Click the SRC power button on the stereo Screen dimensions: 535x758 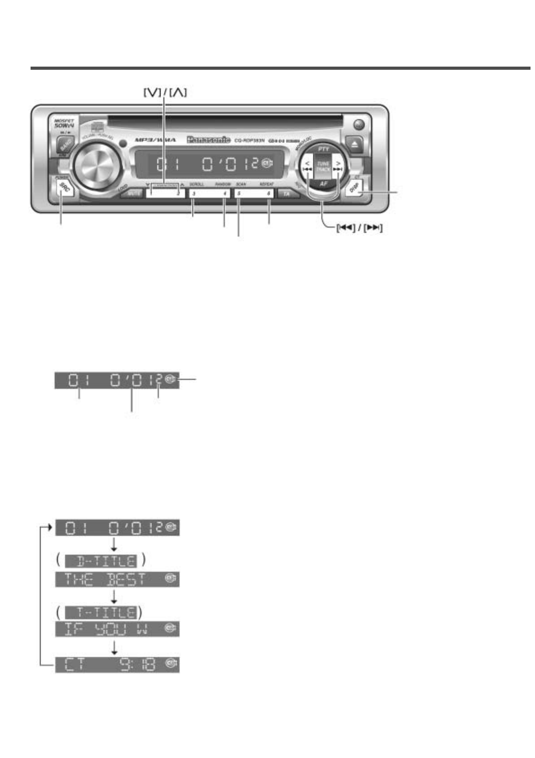[64, 188]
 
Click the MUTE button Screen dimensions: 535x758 [134, 194]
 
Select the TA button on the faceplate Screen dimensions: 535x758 [286, 194]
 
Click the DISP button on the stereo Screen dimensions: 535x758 [355, 188]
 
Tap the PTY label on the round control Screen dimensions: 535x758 [323, 149]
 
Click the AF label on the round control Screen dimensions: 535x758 [323, 184]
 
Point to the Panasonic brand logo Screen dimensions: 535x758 [209, 140]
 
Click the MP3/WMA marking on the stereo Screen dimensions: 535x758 [156, 140]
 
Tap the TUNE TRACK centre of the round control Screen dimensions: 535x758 [323, 167]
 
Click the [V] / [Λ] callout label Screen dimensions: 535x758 [165, 93]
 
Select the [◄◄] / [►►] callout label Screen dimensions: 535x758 [359, 228]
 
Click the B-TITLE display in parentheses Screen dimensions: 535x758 [101, 561]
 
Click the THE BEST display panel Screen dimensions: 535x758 [117, 579]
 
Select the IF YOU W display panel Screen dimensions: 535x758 [117, 629]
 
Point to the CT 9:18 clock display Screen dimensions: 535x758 [117, 665]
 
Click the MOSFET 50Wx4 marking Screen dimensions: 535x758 [64, 124]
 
